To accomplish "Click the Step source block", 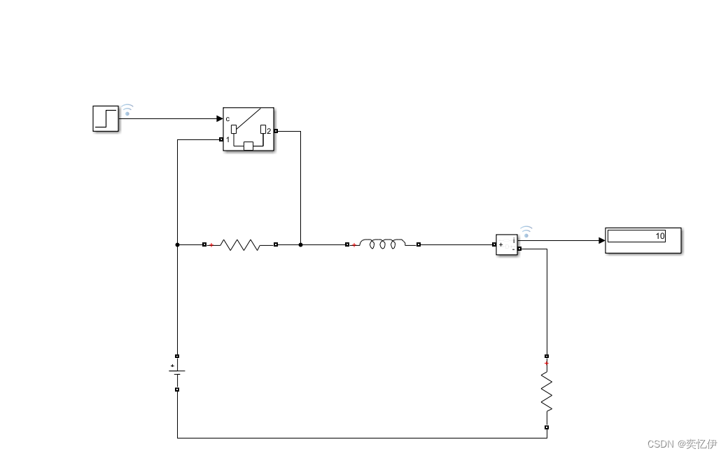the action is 106,118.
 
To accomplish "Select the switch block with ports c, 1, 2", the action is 248,129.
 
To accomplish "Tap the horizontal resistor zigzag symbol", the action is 240,244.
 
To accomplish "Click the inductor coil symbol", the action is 382,244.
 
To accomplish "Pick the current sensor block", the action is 507,244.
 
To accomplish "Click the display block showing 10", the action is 643,240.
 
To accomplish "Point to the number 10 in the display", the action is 659,236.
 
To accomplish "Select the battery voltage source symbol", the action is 177,373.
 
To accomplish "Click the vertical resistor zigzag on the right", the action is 547,392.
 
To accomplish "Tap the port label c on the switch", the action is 227,118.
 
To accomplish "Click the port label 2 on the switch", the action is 269,131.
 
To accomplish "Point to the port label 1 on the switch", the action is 227,139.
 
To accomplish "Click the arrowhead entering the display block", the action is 601,240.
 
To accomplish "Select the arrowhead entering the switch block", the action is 219,118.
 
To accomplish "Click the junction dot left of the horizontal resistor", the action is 177,244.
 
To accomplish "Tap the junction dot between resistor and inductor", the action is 301,244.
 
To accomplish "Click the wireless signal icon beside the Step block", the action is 127,110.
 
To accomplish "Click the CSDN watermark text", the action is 682,444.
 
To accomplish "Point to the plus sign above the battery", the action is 172,365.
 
